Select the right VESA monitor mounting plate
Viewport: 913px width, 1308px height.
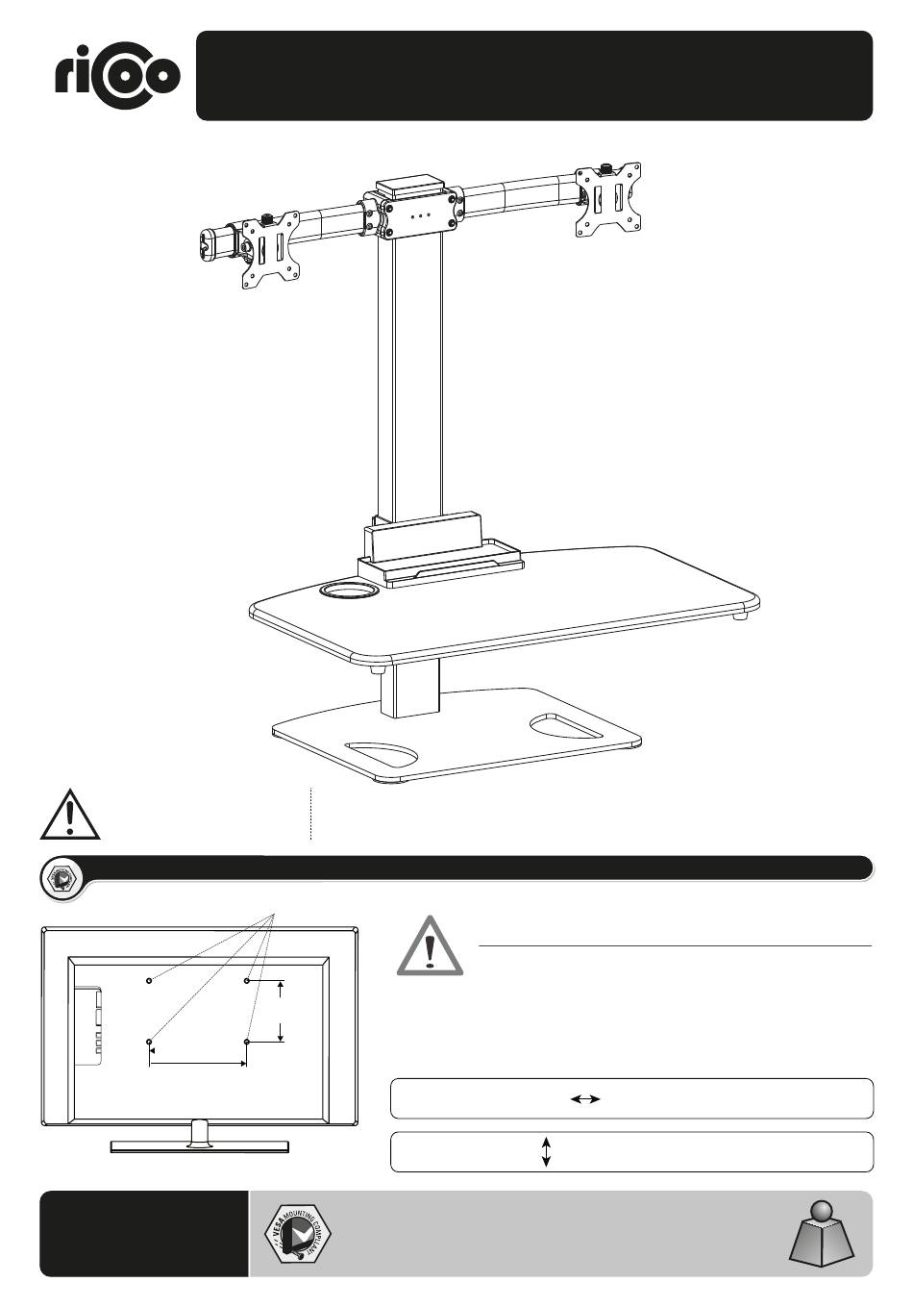tap(608, 200)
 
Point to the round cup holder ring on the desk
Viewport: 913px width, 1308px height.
tap(350, 590)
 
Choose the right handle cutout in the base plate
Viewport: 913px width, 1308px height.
tap(566, 726)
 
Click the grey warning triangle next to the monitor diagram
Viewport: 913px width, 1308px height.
tap(430, 947)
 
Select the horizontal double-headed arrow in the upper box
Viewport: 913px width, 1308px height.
tap(584, 1098)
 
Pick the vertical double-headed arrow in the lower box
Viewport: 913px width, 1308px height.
tap(546, 1151)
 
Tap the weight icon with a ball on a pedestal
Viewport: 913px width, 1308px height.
tap(821, 1237)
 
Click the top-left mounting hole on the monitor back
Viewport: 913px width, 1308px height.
tap(149, 981)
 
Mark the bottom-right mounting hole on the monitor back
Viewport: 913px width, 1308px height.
tap(247, 1042)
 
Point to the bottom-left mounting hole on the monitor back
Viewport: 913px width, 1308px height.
tap(149, 1042)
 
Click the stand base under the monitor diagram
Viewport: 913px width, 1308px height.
tap(199, 1144)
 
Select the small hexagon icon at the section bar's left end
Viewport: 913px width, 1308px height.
tap(63, 878)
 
